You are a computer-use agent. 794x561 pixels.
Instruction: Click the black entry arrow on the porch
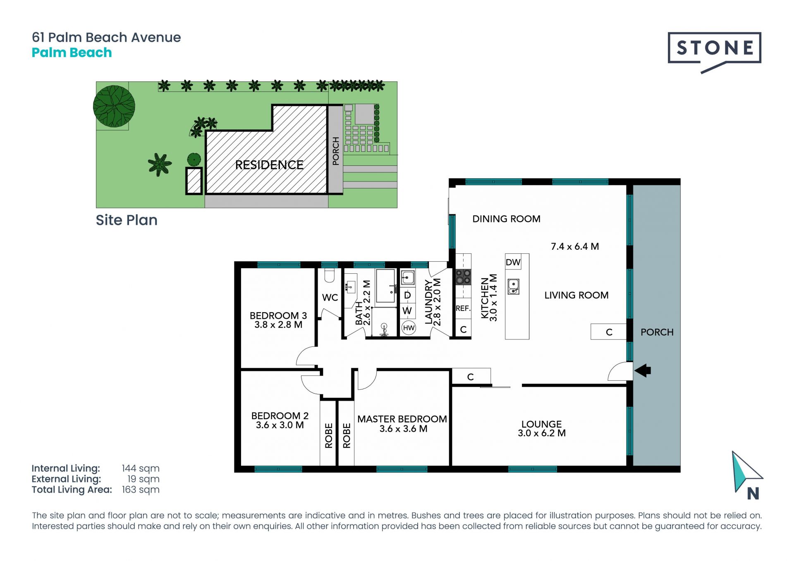643,370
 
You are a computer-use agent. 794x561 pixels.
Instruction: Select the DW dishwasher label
513,262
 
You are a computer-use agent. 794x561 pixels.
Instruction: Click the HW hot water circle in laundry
409,328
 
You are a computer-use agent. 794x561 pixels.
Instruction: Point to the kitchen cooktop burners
463,277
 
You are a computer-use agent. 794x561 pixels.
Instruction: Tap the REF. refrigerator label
463,308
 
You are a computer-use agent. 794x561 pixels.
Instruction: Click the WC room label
330,298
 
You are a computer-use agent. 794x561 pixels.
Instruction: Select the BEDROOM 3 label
278,315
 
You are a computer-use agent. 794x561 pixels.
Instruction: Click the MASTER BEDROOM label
402,419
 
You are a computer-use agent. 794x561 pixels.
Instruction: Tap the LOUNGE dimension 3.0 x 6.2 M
542,433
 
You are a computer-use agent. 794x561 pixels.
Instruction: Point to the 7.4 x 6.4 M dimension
575,246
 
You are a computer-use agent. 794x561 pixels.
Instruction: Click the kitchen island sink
513,286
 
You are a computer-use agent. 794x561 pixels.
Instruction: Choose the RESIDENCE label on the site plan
269,165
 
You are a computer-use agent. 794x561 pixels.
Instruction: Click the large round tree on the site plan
114,106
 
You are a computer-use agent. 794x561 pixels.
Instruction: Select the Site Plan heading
127,220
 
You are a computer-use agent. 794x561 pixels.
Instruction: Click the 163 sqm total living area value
141,490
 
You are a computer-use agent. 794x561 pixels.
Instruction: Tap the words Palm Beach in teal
72,53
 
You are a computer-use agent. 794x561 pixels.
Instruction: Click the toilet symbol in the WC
330,275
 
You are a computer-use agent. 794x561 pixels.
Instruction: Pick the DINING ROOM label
506,219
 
